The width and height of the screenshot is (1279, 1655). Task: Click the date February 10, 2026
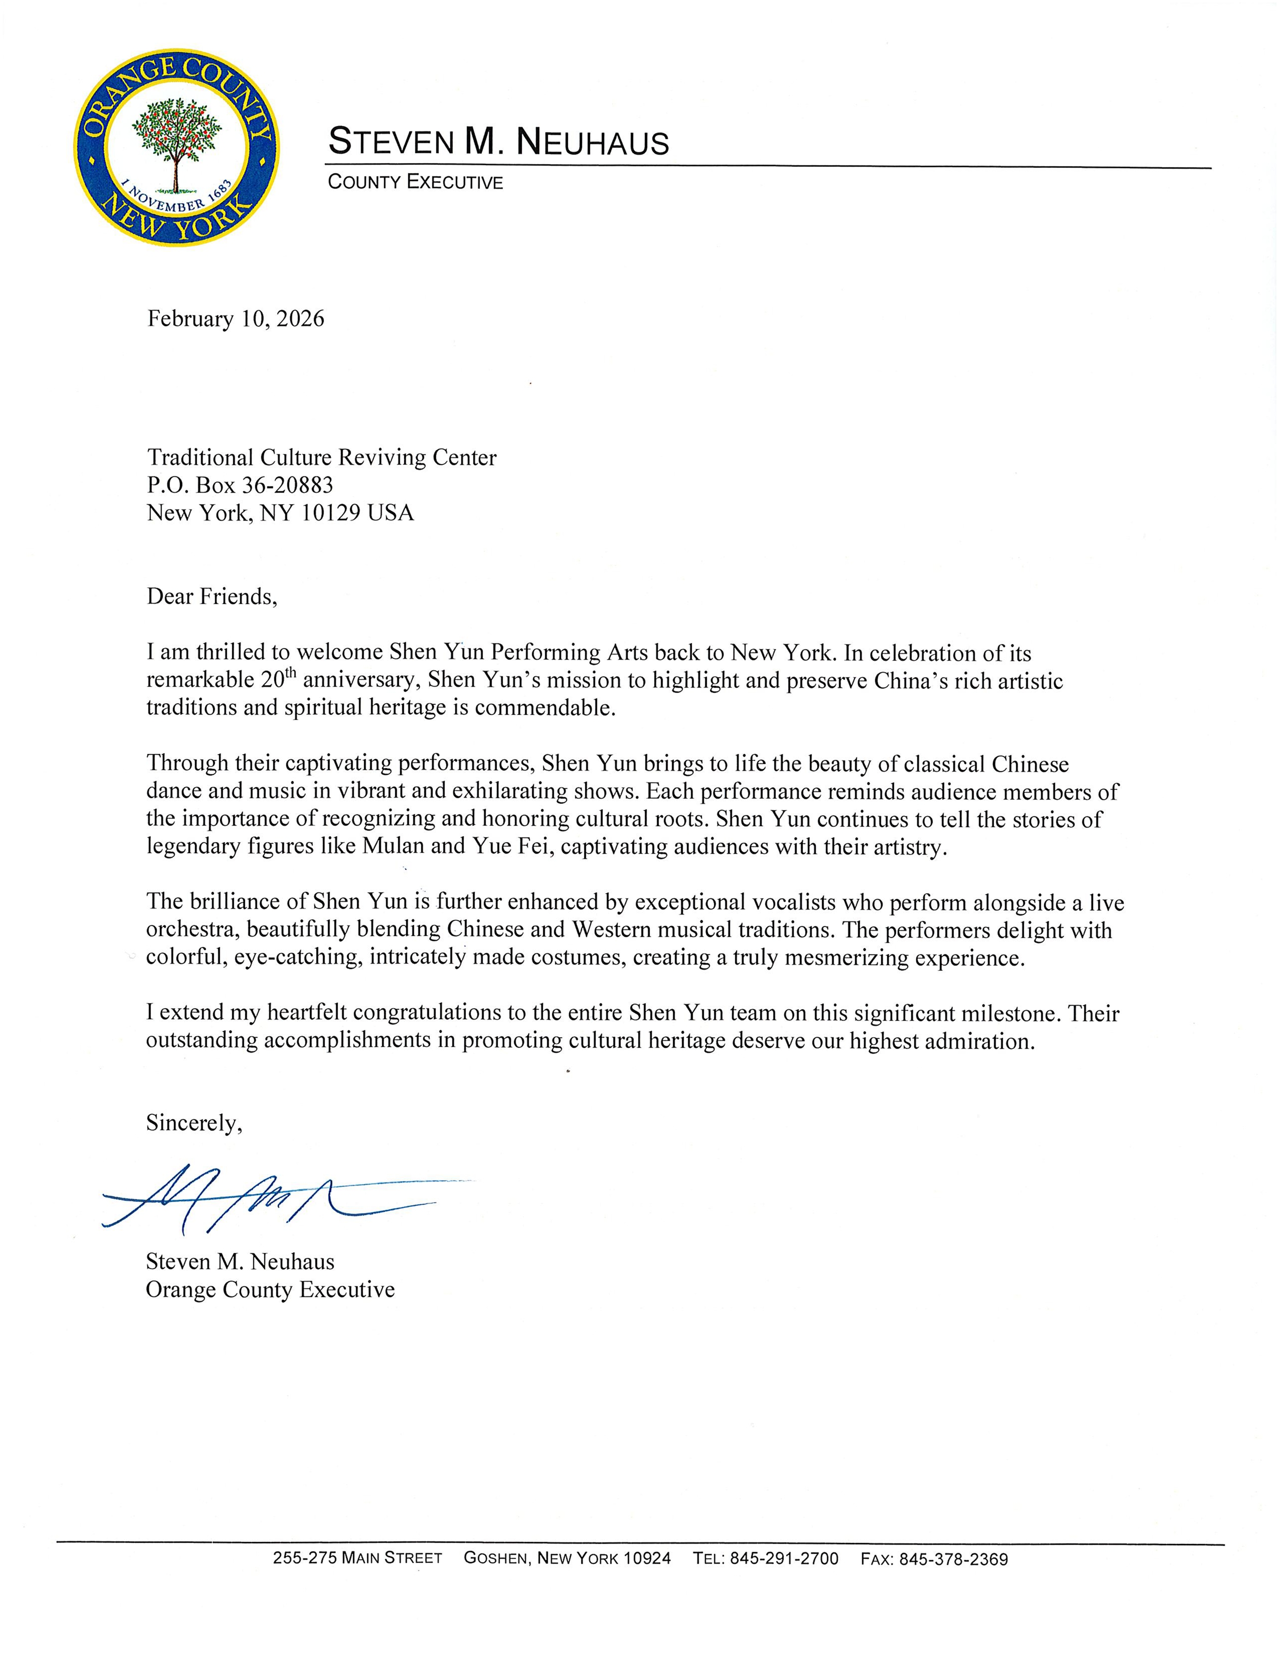pyautogui.click(x=236, y=318)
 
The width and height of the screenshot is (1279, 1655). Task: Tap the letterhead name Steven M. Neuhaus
pyautogui.click(x=499, y=142)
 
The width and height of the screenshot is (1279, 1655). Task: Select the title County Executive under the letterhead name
pyautogui.click(x=415, y=182)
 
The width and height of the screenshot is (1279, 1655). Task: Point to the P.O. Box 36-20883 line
pyautogui.click(x=240, y=485)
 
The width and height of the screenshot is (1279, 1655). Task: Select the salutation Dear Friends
pyautogui.click(x=212, y=597)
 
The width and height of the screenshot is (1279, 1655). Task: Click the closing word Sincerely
pyautogui.click(x=194, y=1123)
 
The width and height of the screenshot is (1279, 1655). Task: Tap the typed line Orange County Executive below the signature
pyautogui.click(x=270, y=1290)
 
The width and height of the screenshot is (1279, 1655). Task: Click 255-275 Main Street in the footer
pyautogui.click(x=358, y=1559)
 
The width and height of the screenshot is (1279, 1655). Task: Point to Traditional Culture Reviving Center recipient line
pyautogui.click(x=322, y=458)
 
